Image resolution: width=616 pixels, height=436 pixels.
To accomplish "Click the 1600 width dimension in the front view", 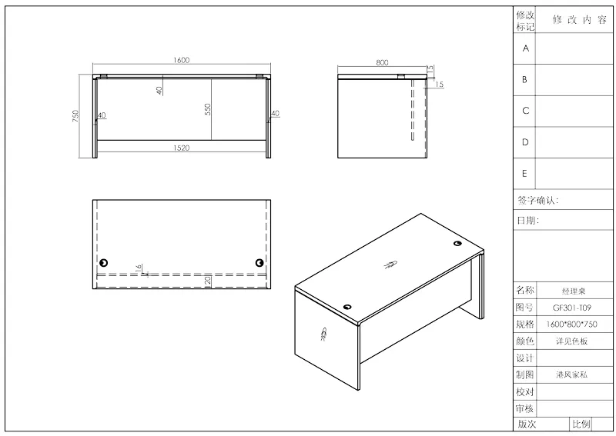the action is (x=181, y=60).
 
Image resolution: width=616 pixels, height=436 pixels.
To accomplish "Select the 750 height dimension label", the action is (x=75, y=116).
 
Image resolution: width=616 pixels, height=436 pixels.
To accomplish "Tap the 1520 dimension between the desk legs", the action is (x=181, y=148).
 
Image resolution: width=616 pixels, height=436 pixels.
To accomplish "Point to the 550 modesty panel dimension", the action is (x=208, y=109).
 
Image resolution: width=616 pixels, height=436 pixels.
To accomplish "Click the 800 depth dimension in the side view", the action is (x=382, y=62).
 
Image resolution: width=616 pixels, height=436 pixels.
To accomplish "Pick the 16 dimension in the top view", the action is (x=138, y=268).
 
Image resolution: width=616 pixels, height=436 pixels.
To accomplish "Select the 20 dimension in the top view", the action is (x=208, y=280).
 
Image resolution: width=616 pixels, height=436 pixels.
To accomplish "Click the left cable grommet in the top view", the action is (x=104, y=262).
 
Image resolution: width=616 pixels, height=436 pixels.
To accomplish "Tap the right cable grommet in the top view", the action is (x=259, y=262).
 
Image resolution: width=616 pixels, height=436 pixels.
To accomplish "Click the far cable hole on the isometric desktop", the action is (x=457, y=244).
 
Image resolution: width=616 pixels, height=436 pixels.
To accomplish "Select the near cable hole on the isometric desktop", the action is (x=347, y=307).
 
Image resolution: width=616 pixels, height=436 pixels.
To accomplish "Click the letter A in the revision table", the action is (x=526, y=48).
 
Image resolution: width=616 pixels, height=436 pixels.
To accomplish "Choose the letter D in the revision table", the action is (x=525, y=142).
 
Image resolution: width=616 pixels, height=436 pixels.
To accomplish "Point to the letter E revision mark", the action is (x=524, y=174).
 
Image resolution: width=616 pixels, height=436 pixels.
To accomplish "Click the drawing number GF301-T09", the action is (x=571, y=308).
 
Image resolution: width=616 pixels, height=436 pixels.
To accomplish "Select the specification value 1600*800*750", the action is (x=571, y=325).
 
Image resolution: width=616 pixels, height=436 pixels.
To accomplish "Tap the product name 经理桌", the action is (x=574, y=291).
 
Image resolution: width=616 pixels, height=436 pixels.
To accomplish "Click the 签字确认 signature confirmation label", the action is (x=537, y=201).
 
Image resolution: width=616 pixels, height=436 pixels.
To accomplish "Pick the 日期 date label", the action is (x=527, y=220).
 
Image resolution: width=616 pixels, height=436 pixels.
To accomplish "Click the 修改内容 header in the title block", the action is (x=580, y=20).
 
